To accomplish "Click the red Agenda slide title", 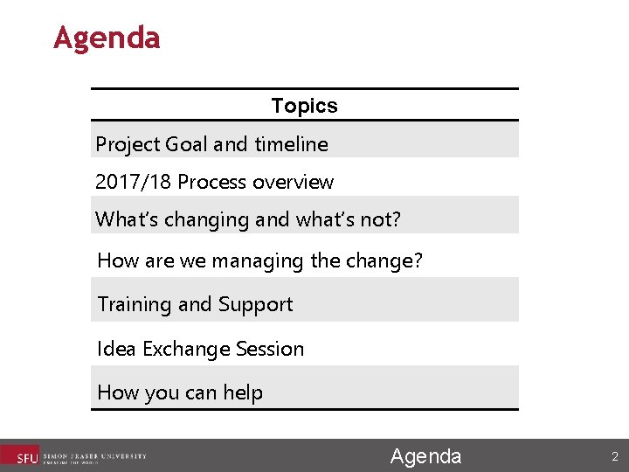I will [107, 38].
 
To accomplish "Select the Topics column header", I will [304, 106].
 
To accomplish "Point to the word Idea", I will [117, 349].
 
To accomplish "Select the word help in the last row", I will [243, 392].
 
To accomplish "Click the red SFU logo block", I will [19, 456].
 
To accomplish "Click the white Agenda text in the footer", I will [425, 456].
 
